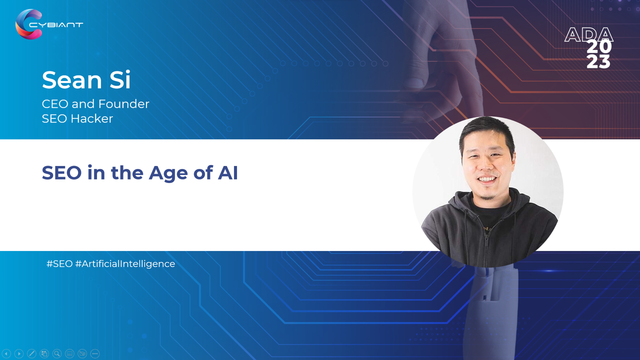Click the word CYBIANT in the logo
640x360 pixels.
pyautogui.click(x=56, y=25)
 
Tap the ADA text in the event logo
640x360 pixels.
pyautogui.click(x=588, y=34)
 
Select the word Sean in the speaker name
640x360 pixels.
pyautogui.click(x=71, y=80)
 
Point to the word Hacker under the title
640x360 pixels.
pyautogui.click(x=91, y=118)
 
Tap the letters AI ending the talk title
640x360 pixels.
pyautogui.click(x=227, y=172)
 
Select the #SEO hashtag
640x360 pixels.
pyautogui.click(x=59, y=263)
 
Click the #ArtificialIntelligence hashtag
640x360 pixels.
pyautogui.click(x=125, y=264)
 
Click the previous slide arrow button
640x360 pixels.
pyautogui.click(x=6, y=353)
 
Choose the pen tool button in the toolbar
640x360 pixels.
pyautogui.click(x=31, y=353)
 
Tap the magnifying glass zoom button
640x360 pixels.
pyautogui.click(x=57, y=353)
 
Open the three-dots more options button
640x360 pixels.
pyautogui.click(x=95, y=353)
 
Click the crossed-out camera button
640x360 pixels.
pyautogui.click(x=82, y=353)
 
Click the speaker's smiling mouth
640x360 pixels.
pyautogui.click(x=487, y=179)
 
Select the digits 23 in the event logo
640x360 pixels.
pyautogui.click(x=598, y=62)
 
